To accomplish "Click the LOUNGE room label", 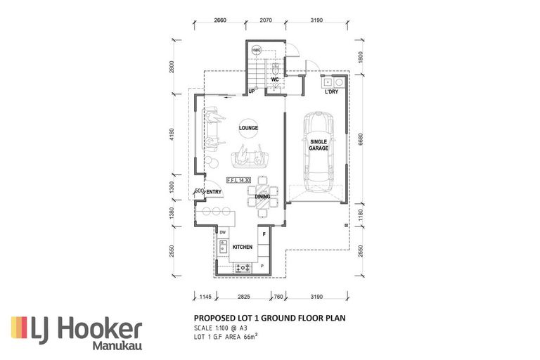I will click(x=247, y=128).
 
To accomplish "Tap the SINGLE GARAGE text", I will click(x=319, y=145).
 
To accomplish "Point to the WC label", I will click(x=276, y=79).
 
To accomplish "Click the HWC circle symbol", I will click(x=256, y=51).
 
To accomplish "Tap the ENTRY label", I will click(x=214, y=191).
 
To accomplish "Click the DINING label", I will click(x=262, y=197).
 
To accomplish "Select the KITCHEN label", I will click(x=242, y=247).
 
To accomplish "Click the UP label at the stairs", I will click(x=250, y=92).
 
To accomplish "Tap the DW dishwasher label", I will click(x=223, y=232).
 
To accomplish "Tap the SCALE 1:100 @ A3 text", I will click(x=221, y=328).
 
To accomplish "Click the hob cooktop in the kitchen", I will click(x=243, y=266).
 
